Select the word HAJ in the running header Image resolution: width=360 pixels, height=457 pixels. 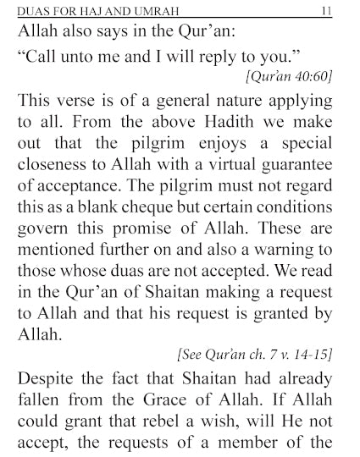click(x=96, y=9)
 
